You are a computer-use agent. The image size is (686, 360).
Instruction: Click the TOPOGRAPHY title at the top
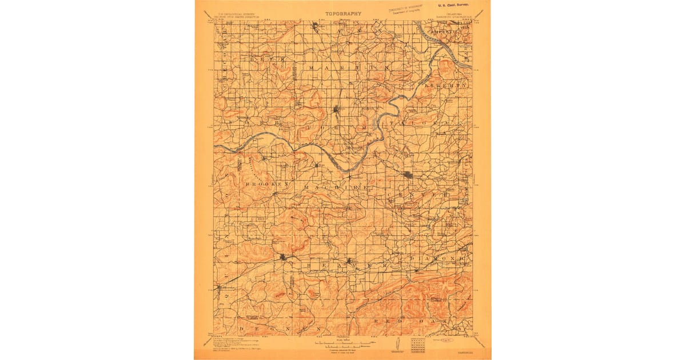pyautogui.click(x=344, y=13)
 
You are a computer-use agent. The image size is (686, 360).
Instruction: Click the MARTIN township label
pyautogui.click(x=349, y=67)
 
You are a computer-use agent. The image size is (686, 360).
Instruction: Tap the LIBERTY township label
pyautogui.click(x=452, y=85)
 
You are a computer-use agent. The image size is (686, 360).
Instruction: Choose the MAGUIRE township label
pyautogui.click(x=337, y=187)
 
